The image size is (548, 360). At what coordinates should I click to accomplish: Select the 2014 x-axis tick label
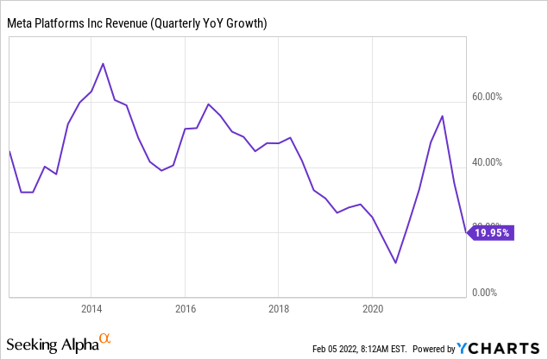(x=91, y=309)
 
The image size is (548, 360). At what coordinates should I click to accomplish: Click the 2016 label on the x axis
(x=185, y=309)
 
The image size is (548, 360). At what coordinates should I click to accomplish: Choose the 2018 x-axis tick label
(x=278, y=309)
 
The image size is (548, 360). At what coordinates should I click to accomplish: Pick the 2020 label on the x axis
(x=372, y=309)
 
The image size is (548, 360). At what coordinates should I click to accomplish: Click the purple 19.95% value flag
(x=490, y=233)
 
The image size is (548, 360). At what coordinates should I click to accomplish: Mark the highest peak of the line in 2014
(x=104, y=63)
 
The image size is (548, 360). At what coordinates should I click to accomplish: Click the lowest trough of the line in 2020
(x=395, y=262)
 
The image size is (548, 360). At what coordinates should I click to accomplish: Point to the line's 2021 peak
(x=443, y=116)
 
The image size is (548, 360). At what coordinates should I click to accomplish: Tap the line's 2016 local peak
(x=208, y=104)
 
